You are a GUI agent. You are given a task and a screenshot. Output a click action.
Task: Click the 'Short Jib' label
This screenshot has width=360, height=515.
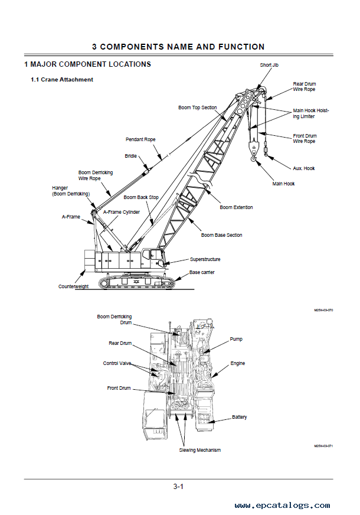coord(269,64)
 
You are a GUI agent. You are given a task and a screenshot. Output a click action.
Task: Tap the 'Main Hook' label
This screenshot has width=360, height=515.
coord(283,184)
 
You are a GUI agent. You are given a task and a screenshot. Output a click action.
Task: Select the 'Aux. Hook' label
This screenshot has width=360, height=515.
coord(304,168)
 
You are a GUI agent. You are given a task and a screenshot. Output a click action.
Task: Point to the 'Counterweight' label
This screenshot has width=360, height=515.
coord(73,286)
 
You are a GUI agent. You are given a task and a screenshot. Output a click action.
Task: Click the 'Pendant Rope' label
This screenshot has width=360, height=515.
coord(140,139)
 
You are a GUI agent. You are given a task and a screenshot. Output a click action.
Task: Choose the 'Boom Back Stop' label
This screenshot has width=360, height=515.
coord(141,197)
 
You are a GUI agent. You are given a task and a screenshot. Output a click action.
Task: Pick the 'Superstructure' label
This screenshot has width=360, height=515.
coord(205,259)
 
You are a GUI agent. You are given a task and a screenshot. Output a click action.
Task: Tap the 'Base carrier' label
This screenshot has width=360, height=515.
coord(202,272)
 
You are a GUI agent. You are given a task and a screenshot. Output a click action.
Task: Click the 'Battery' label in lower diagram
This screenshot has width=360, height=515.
coord(240,417)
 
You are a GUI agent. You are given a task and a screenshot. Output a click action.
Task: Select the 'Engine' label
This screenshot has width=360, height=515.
coord(238,363)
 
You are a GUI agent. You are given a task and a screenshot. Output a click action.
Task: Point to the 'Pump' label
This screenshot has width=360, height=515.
coord(236,339)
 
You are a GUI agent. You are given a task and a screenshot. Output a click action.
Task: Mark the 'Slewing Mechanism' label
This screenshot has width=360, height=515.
coord(200,450)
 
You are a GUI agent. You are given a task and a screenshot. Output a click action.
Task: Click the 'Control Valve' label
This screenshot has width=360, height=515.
coord(117,363)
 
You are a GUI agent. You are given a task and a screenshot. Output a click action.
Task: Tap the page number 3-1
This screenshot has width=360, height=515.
coord(179,487)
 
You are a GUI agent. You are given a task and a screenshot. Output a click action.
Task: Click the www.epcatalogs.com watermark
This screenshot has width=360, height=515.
coord(282,506)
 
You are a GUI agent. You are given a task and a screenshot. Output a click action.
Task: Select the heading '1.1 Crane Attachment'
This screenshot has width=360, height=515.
coord(62,80)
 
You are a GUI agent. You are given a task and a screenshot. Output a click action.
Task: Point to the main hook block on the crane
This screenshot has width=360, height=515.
coord(254,148)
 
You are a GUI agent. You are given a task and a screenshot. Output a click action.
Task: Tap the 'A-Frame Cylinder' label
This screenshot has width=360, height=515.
coord(122,211)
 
